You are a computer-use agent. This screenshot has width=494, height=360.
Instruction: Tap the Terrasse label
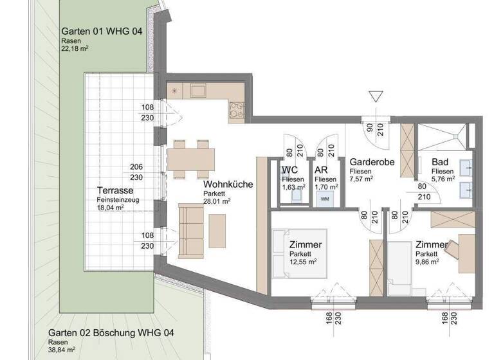click(x=115, y=191)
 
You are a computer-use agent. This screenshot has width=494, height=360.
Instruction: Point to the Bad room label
click(x=441, y=163)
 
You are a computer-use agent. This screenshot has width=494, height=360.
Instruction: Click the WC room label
click(x=290, y=170)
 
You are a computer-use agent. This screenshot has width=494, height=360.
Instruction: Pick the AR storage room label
click(x=322, y=170)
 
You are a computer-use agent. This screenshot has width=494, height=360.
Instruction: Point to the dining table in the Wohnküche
click(x=191, y=157)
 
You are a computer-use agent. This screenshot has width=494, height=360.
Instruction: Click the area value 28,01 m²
click(x=217, y=201)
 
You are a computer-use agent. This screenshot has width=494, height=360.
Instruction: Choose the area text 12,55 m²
click(x=303, y=262)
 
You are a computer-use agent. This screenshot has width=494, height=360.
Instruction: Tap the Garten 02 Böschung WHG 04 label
click(x=110, y=333)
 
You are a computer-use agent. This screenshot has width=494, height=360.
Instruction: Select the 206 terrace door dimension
click(x=136, y=167)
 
